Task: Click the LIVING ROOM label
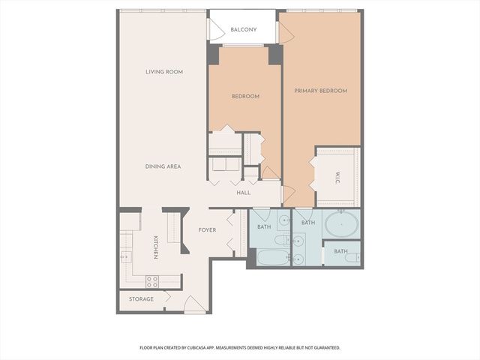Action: pos(164,72)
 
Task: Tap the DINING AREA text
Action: pos(163,166)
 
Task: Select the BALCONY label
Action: pos(244,30)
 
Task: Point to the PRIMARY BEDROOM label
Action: pos(320,91)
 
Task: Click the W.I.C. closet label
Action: pos(338,178)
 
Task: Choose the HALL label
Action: pos(244,193)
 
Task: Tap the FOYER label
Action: pos(207,229)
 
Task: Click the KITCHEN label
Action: pos(156,247)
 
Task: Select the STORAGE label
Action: pos(141,299)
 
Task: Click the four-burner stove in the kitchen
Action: pos(151,282)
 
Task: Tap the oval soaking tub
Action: pos(341,224)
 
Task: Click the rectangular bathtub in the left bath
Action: pos(271,257)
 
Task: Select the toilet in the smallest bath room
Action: pos(350,258)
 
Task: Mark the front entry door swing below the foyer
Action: pos(193,304)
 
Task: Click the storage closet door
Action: pos(166,297)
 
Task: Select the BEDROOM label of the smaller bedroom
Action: pos(245,96)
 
